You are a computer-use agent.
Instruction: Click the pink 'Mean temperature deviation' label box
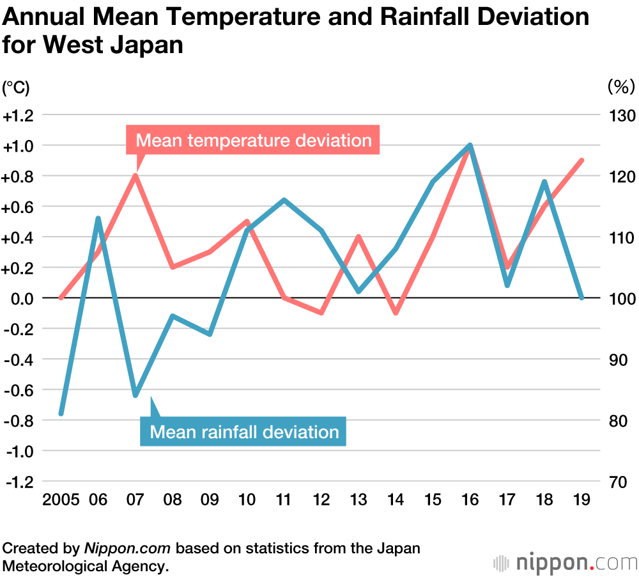[253, 140]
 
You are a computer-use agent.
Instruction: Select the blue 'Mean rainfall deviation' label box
[243, 432]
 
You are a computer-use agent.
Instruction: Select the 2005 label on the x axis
[61, 500]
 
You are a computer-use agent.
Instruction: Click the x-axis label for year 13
[358, 500]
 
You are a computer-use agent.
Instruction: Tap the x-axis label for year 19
[581, 500]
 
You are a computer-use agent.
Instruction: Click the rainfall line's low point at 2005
[61, 414]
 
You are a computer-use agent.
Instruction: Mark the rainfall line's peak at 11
[284, 200]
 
